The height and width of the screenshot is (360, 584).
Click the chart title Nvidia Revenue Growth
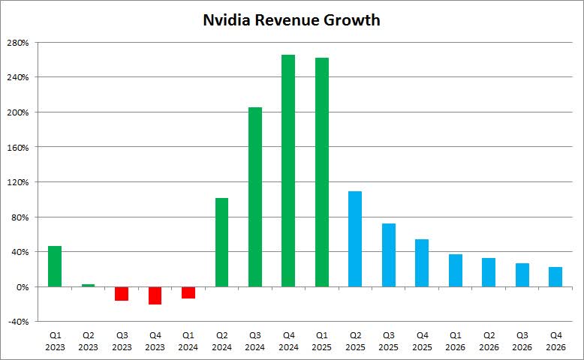pos(291,20)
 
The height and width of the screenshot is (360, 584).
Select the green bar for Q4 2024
pos(288,171)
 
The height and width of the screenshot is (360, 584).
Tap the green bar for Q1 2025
pos(322,172)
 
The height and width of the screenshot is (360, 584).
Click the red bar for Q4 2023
pos(155,295)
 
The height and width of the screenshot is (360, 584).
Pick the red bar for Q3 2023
pos(122,293)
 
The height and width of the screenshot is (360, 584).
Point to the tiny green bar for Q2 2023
pos(88,285)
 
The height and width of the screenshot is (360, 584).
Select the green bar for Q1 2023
pos(55,266)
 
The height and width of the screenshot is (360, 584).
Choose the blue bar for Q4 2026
pos(555,277)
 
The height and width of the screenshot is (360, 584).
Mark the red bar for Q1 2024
pos(188,292)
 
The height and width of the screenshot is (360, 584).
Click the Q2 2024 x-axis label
pos(221,342)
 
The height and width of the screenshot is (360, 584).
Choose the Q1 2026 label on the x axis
pos(456,342)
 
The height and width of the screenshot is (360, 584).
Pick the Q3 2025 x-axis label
pos(389,342)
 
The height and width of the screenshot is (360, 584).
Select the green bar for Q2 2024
pos(221,242)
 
